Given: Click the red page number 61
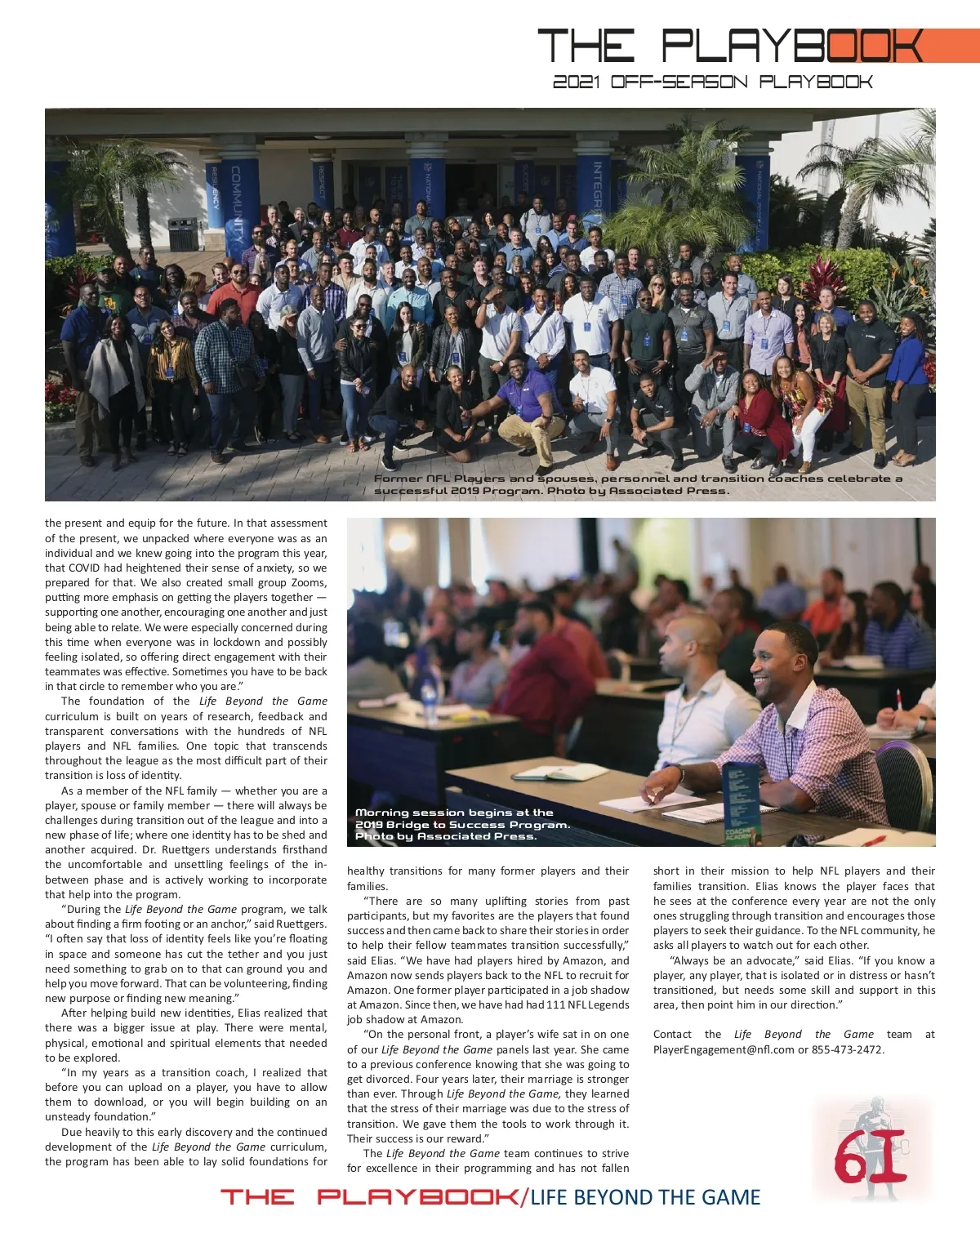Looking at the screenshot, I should [x=871, y=1156].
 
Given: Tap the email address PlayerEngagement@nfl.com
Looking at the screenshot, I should [x=724, y=1049].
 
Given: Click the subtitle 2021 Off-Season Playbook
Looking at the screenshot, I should [x=712, y=82].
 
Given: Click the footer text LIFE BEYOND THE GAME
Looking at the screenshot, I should [x=645, y=1197].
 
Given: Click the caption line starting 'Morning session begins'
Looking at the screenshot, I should [x=454, y=813].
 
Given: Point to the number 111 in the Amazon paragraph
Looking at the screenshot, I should [x=553, y=1004].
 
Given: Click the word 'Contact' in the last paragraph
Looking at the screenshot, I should [x=672, y=1035].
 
